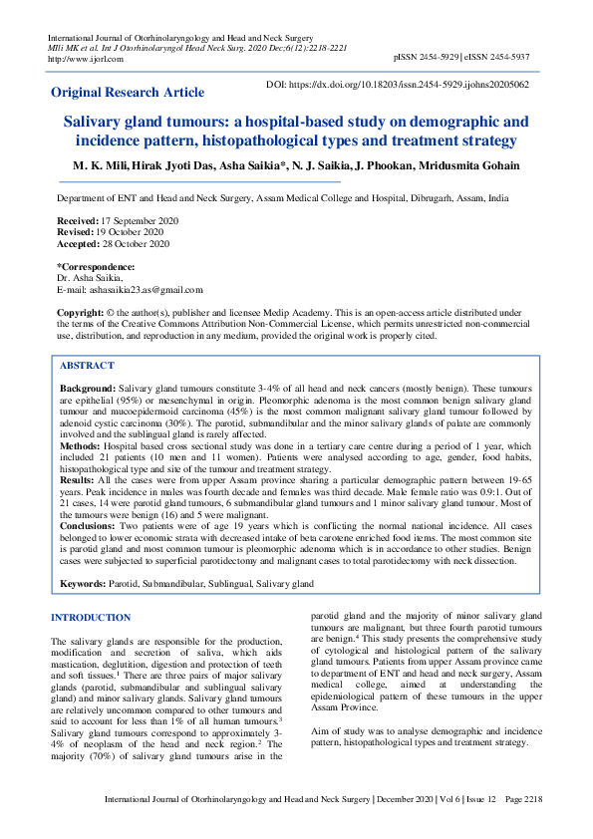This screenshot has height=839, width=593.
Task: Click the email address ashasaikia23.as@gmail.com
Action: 130,290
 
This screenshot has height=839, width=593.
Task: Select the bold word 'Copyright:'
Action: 80,313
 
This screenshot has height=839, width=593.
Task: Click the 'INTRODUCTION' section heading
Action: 91,618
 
